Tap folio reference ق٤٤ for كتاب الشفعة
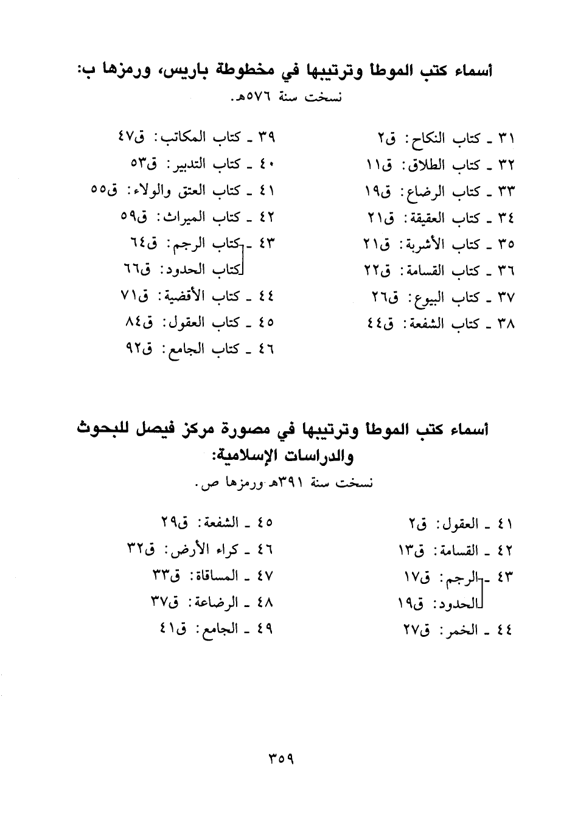[x=380, y=324]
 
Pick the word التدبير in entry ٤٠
[x=184, y=164]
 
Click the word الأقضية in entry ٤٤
[x=181, y=296]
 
